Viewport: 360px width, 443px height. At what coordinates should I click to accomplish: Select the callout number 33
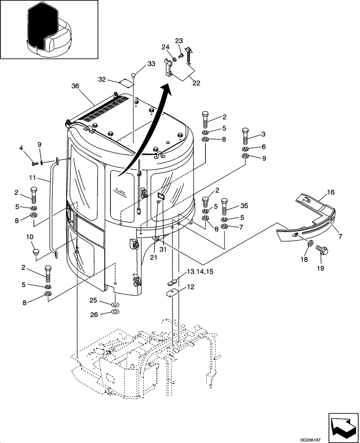coord(151,64)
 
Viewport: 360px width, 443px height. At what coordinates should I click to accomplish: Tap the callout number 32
coord(102,79)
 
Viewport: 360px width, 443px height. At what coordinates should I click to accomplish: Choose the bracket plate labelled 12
coord(172,293)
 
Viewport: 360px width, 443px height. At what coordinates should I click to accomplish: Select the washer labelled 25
coord(115,305)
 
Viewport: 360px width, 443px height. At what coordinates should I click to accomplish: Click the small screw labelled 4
coord(34,164)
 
